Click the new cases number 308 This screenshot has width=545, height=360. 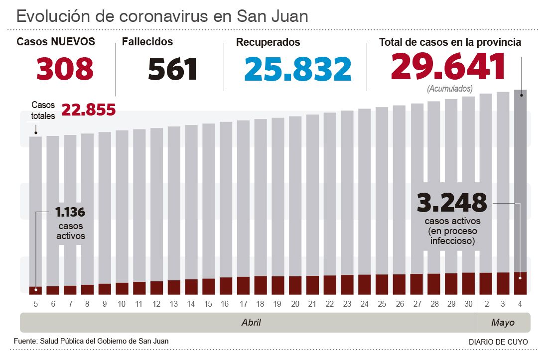65,69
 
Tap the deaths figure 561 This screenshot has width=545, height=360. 173,69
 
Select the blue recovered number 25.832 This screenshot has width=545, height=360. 298,69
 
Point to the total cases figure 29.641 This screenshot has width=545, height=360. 448,67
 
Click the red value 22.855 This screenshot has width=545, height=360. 89,110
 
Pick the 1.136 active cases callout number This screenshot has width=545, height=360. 70,213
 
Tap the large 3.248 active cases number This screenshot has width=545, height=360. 451,202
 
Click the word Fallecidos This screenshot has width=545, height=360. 147,42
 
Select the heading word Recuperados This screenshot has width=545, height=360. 268,42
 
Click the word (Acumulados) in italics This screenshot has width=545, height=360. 450,89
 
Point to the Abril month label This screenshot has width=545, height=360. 251,323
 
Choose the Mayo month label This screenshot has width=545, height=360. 503,323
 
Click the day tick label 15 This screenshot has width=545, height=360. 208,304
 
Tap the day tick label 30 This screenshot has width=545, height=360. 468,304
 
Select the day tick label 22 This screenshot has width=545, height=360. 330,304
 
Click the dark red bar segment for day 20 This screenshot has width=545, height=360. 295,285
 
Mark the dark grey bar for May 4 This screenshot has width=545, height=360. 521,179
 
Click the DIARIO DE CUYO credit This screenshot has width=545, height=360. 498,342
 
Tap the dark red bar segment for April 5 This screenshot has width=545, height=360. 35,290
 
